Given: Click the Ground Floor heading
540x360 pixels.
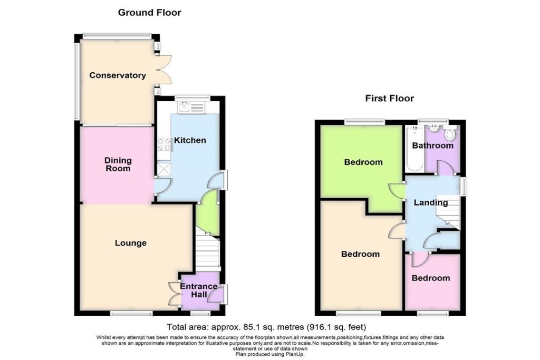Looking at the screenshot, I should point(149,12).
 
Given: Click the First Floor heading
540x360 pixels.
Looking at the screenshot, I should point(389,98).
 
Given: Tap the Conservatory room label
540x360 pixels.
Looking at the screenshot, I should point(117,75).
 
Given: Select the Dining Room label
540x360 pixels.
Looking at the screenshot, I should point(118,164).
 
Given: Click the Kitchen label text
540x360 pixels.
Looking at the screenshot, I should point(190,140).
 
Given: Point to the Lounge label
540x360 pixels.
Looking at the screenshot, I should point(131,243).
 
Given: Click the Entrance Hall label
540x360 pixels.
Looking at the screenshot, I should point(199,290).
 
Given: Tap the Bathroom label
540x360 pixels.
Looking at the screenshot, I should point(432,145).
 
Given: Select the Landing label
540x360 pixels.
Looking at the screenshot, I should point(430,202).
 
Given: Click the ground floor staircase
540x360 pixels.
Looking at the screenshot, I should point(207,250).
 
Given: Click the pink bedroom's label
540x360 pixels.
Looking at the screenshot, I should point(431,278).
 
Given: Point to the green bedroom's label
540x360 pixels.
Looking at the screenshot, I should point(363,162).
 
